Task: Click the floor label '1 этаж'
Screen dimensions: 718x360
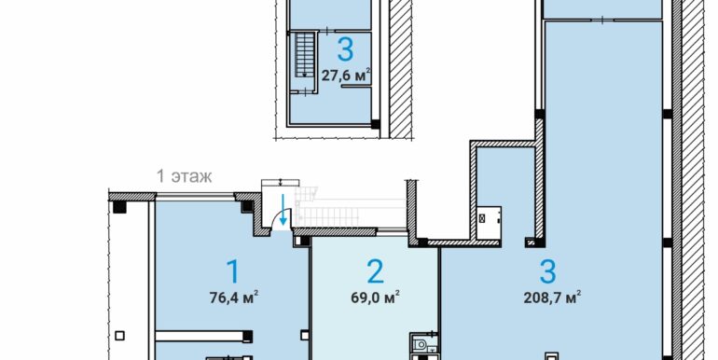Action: [184, 176]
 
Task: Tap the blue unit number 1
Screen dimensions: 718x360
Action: [233, 271]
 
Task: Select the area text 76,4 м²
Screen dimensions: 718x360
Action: [234, 298]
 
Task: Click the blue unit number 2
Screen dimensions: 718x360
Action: [375, 271]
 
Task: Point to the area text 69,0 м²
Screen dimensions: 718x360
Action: [375, 298]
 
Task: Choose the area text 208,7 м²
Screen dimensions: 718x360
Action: [552, 298]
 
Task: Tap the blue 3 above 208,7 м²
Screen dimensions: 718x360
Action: [547, 271]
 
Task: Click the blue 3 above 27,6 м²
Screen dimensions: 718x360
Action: [345, 49]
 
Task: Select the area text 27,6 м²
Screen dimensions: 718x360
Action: [346, 76]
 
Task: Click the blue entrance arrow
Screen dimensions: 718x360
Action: [283, 209]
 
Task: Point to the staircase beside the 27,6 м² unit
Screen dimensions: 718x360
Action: [304, 55]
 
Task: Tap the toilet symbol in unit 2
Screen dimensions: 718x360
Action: [420, 343]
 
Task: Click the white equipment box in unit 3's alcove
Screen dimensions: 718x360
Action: [489, 223]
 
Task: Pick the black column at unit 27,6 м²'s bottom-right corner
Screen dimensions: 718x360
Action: [376, 124]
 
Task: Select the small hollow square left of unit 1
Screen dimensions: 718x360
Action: [119, 336]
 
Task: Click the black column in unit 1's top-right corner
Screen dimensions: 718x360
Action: [247, 206]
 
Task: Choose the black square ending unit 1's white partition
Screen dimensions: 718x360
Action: [248, 336]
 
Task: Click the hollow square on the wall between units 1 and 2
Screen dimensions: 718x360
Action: [305, 335]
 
